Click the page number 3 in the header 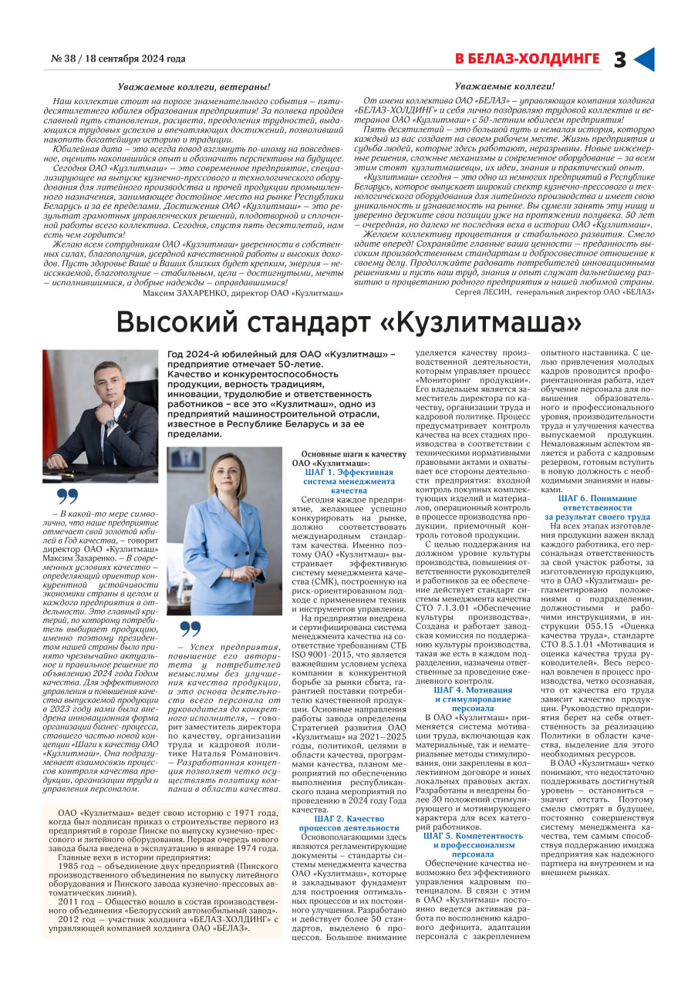point(620,59)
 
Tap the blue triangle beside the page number point(643,59)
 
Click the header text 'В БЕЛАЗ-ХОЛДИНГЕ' point(527,59)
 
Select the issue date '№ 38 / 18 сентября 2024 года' point(118,59)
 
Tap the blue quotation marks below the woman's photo point(191,628)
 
